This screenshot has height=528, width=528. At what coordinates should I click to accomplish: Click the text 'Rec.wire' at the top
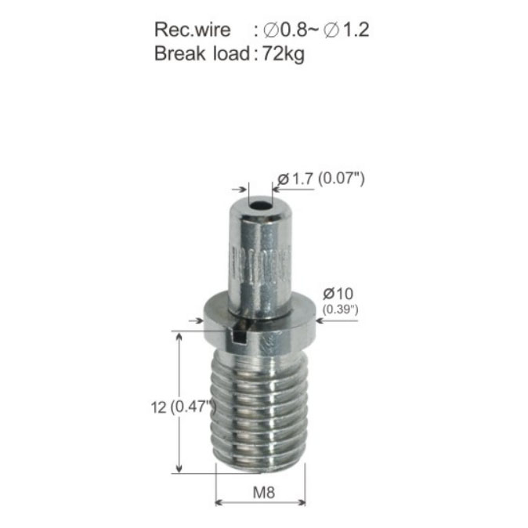click(192, 30)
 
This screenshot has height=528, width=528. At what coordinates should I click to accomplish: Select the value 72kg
click(284, 54)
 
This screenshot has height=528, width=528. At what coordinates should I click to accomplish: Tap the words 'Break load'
click(201, 53)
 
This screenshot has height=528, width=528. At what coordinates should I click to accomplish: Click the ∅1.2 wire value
click(346, 30)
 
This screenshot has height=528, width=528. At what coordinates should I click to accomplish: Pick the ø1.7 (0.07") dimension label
click(321, 179)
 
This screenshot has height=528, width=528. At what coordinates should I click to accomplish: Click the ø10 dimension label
click(338, 294)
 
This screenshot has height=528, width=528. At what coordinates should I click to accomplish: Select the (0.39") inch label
click(340, 309)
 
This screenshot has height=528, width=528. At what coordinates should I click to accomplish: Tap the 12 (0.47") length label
click(183, 407)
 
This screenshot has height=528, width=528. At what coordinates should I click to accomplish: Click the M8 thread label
click(264, 493)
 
